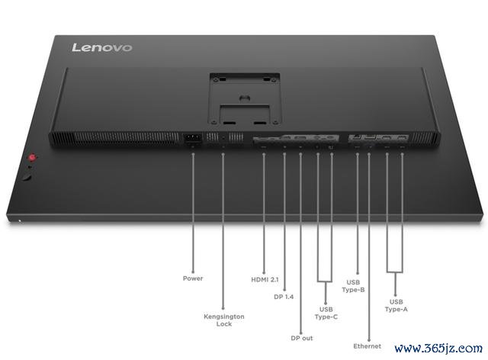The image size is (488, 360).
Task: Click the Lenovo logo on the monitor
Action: [101, 47]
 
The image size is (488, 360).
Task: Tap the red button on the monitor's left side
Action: [32, 157]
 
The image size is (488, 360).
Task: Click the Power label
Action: [193, 278]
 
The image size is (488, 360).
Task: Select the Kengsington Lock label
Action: [224, 320]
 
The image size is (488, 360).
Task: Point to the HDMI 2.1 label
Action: [265, 280]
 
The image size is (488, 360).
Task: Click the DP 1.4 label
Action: [284, 297]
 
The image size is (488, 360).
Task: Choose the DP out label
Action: [302, 338]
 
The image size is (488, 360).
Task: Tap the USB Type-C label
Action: [326, 313]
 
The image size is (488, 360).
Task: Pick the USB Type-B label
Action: [353, 286]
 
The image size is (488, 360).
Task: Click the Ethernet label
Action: [368, 346]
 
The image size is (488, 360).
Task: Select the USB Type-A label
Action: [396, 306]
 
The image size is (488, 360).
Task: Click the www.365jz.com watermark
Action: [438, 348]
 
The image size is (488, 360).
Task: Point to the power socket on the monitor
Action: [193, 139]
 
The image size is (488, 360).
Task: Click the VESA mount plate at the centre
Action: [245, 99]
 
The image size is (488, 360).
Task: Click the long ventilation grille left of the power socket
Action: [114, 137]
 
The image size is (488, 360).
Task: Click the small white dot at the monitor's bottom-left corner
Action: [20, 221]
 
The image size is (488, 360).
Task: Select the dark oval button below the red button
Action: [27, 178]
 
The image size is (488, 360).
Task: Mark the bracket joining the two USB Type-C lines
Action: [326, 282]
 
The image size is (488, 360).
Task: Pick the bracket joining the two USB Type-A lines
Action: [395, 272]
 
